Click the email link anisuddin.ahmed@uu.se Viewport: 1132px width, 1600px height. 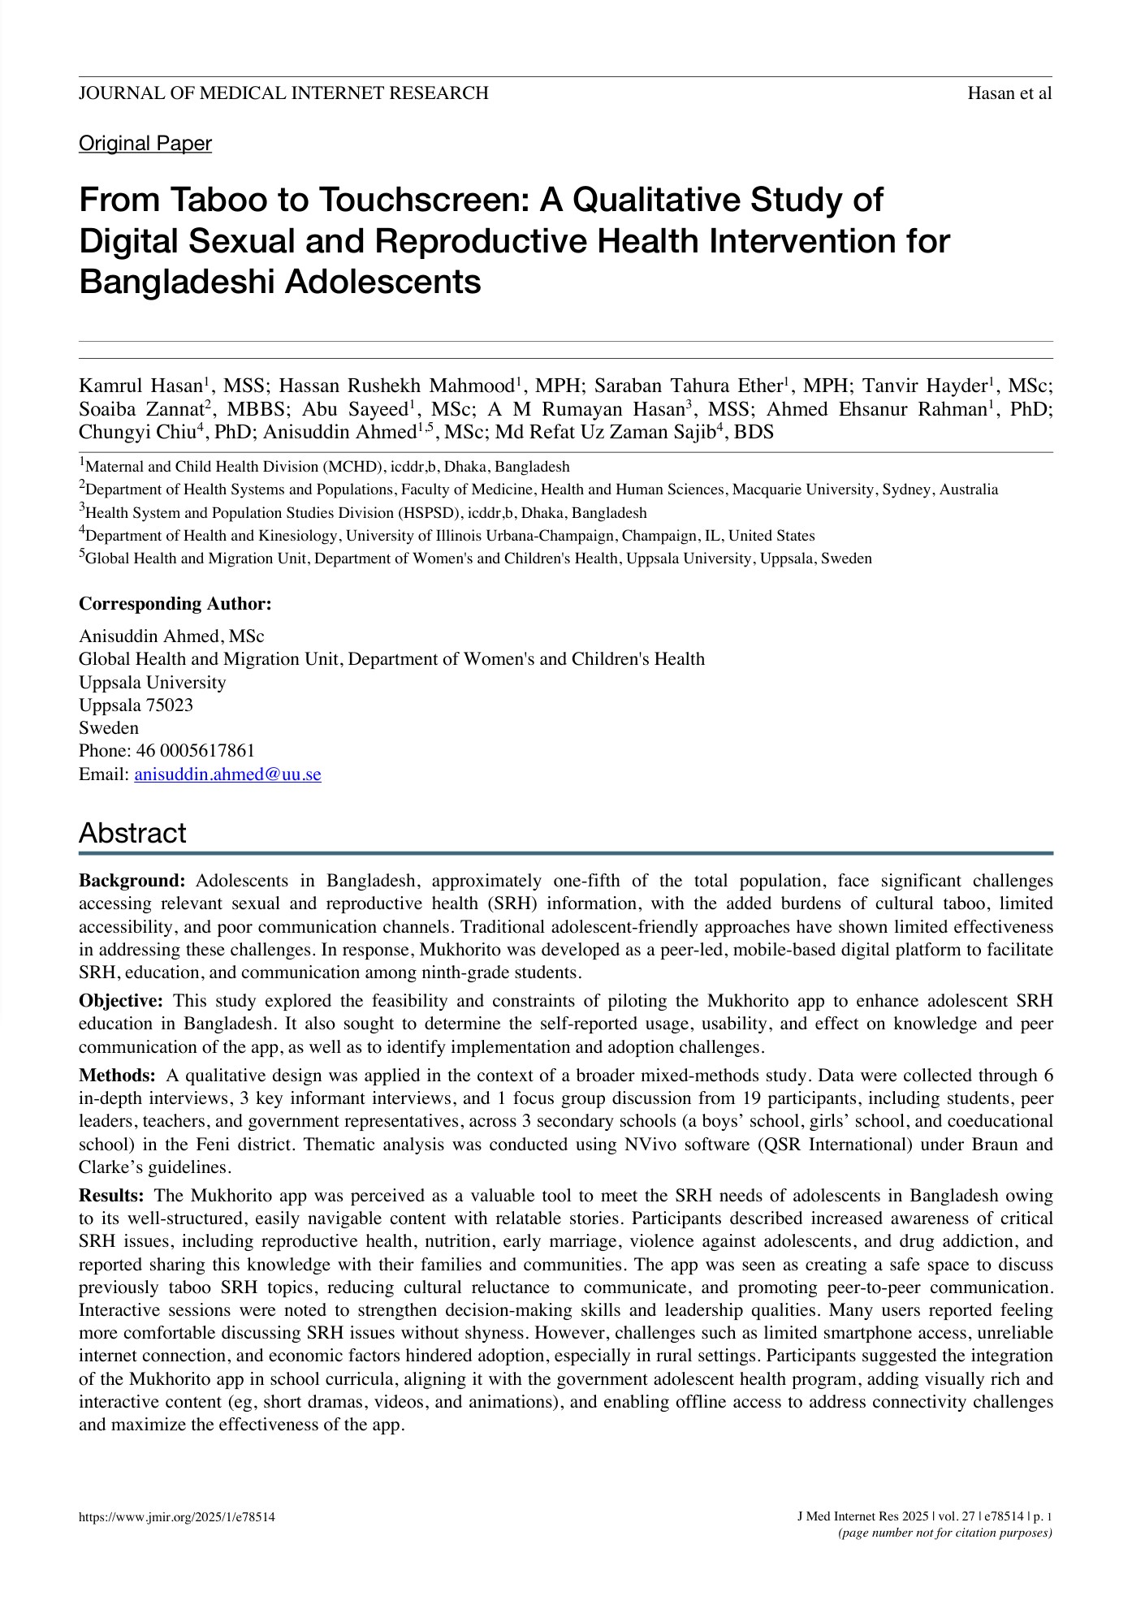[227, 774]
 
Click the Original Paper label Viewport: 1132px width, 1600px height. [145, 144]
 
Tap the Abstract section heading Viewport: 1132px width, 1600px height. [132, 833]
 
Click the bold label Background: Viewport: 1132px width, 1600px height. [132, 881]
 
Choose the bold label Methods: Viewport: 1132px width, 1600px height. [117, 1076]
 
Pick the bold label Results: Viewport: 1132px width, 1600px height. [111, 1196]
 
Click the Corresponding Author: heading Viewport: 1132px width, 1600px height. [175, 604]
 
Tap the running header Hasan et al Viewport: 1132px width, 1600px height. [1009, 93]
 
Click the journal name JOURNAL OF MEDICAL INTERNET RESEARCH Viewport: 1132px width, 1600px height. [283, 93]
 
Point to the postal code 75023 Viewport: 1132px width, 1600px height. [169, 705]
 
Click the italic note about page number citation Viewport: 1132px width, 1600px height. [944, 1533]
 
